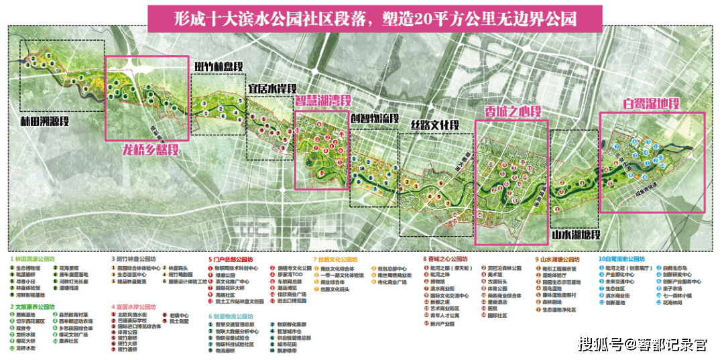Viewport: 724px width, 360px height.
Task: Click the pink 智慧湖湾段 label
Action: click(x=323, y=102)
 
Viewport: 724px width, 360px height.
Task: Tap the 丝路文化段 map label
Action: click(x=434, y=125)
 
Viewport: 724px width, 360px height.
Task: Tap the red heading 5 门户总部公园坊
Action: click(x=231, y=259)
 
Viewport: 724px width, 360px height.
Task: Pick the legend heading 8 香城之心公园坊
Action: click(x=445, y=259)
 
